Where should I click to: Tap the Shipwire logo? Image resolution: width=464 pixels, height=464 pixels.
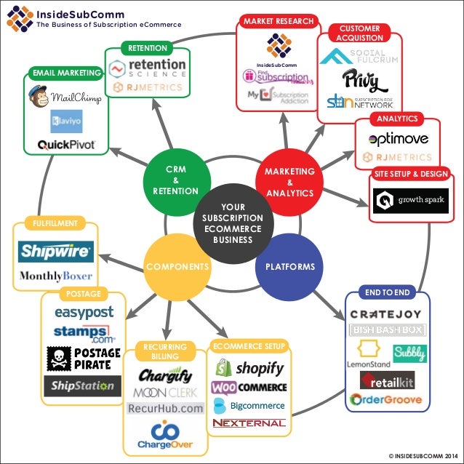[x=56, y=252]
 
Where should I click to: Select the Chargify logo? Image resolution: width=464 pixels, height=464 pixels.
[x=165, y=376]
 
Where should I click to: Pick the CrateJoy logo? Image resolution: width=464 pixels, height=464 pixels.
[x=388, y=314]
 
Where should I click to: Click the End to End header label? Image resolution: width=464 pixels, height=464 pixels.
[x=388, y=292]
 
